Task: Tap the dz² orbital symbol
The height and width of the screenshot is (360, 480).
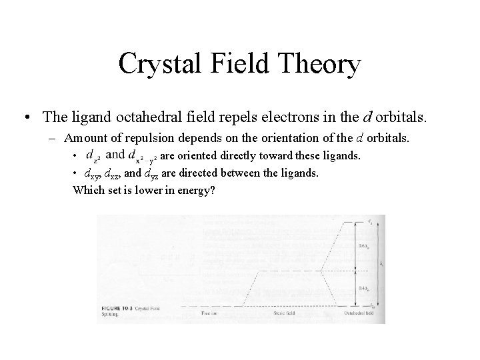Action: click(93, 156)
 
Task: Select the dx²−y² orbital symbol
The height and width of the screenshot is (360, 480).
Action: click(139, 157)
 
